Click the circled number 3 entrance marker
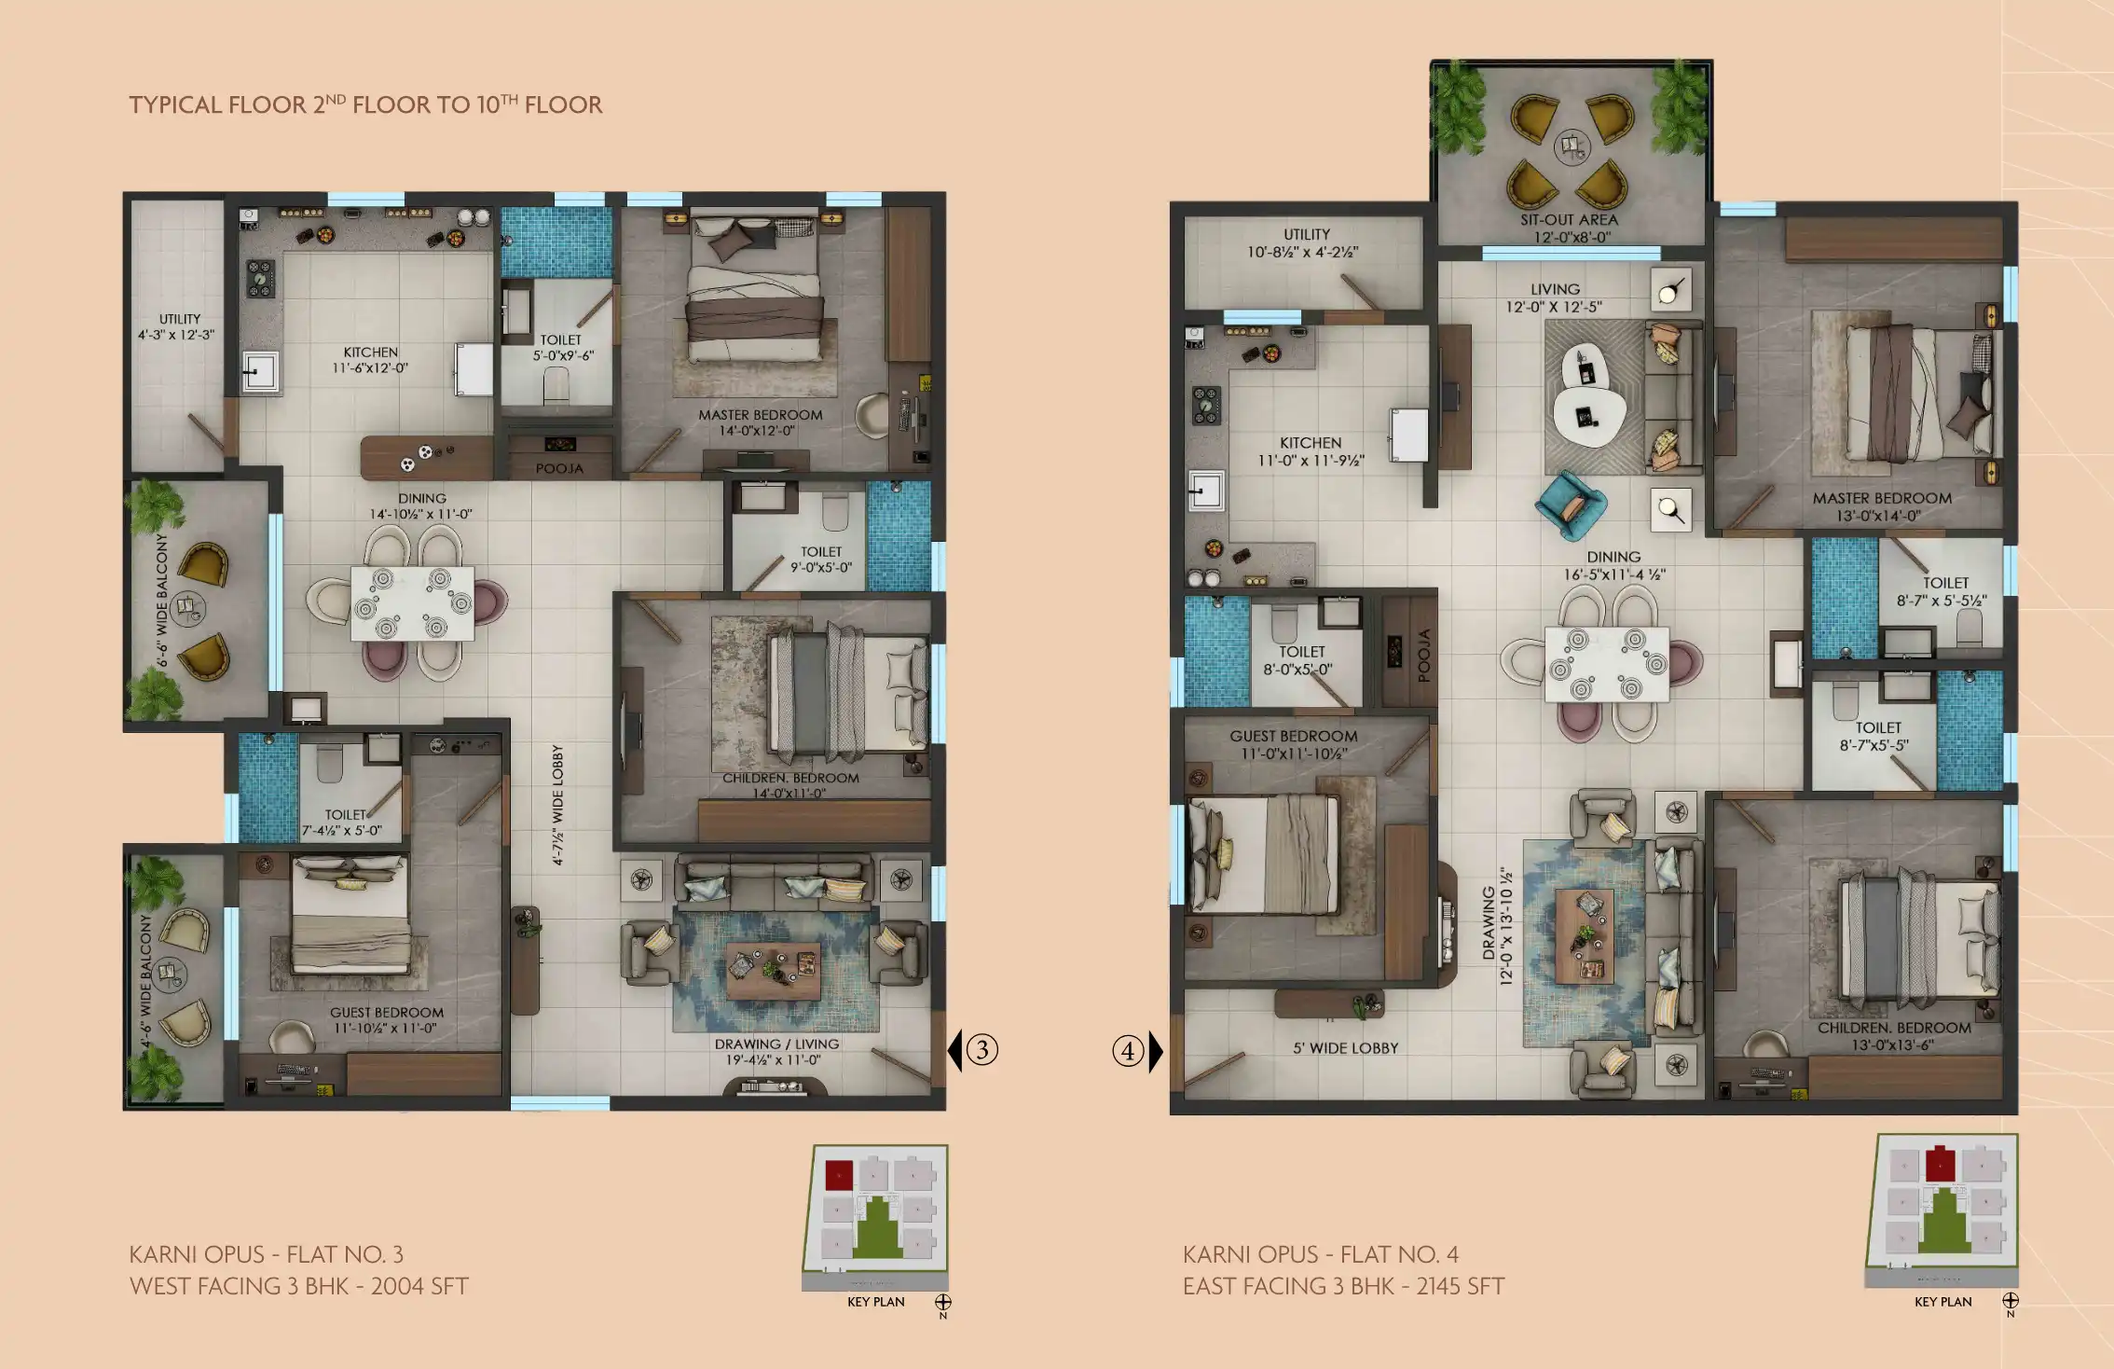tap(981, 1050)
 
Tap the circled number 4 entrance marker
tap(1128, 1051)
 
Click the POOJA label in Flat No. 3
tap(559, 468)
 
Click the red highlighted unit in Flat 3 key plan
tap(839, 1175)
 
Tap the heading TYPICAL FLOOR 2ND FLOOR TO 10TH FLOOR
tap(365, 104)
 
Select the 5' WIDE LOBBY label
tap(1345, 1048)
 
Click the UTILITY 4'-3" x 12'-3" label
tap(177, 326)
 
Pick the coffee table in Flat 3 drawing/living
tap(774, 970)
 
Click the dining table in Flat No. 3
tap(412, 603)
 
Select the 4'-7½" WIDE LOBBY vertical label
tap(557, 805)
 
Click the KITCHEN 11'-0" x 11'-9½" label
tap(1310, 451)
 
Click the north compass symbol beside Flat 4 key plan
tap(2011, 1300)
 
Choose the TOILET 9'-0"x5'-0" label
tap(820, 560)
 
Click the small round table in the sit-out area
tap(1572, 145)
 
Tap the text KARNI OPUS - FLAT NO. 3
tap(266, 1254)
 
